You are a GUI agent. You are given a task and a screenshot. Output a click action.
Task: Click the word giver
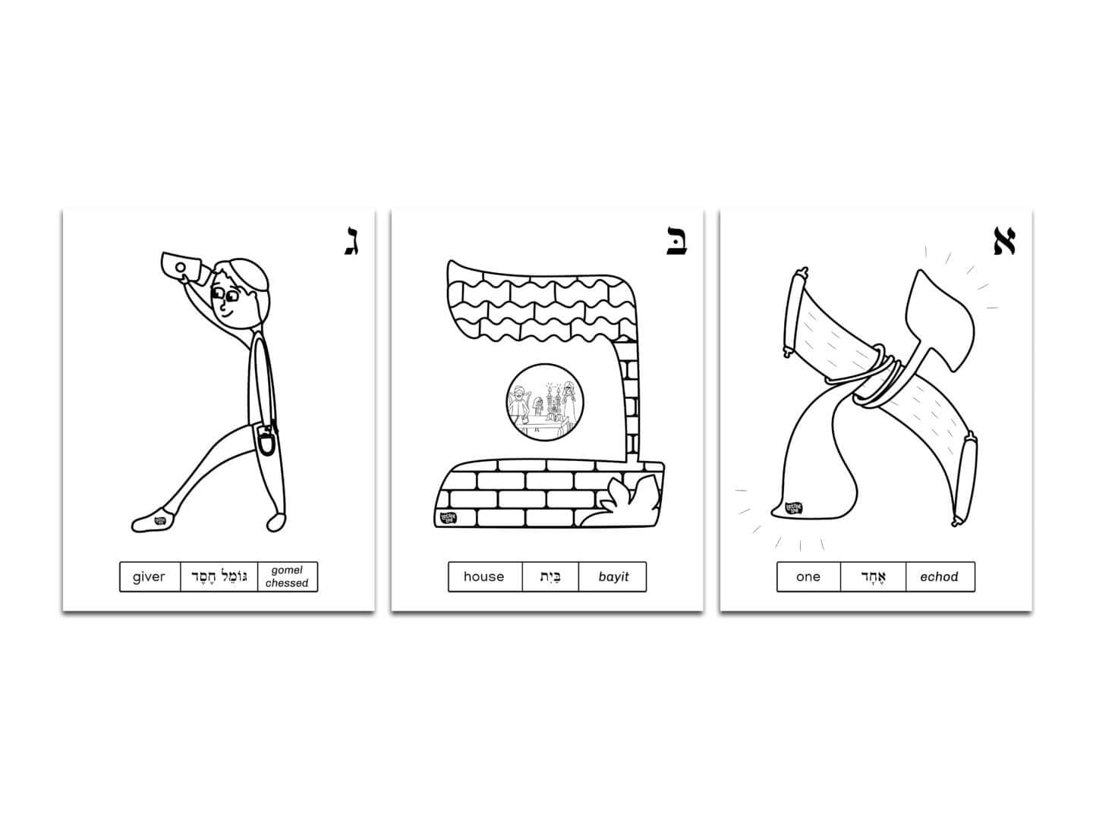149,577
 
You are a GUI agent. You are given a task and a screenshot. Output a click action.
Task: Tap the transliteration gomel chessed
287,577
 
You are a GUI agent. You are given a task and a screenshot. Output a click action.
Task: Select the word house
484,577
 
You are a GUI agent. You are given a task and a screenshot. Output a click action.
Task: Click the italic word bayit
613,577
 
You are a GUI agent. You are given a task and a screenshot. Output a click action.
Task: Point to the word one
808,577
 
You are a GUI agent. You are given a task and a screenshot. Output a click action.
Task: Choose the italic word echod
939,577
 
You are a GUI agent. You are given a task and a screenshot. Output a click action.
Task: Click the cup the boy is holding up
180,267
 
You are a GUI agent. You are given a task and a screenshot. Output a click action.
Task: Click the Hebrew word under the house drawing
550,577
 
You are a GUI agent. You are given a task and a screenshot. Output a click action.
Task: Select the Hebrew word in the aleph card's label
873,577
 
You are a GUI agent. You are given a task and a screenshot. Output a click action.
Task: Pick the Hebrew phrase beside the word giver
219,577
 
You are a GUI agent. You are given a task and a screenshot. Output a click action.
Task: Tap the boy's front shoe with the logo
154,520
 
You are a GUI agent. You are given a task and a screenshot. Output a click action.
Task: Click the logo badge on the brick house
448,518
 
